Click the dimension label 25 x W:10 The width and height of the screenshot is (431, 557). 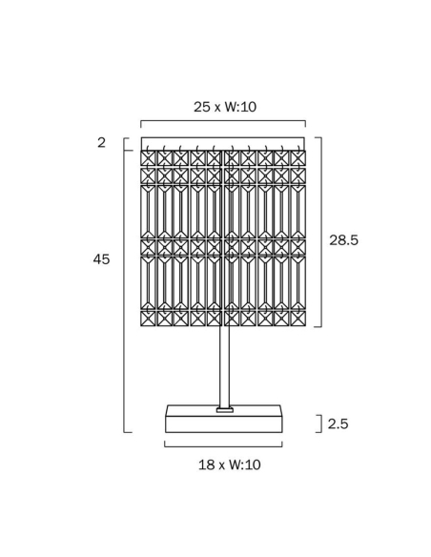[225, 107]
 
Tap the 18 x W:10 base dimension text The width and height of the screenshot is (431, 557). [230, 464]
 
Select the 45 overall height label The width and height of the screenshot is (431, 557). [101, 259]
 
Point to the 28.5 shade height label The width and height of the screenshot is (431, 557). [343, 240]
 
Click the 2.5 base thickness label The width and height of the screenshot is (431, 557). [338, 423]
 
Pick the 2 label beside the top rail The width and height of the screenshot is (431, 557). [101, 142]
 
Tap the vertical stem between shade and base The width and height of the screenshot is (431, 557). [224, 367]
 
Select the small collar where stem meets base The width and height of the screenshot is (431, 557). [225, 410]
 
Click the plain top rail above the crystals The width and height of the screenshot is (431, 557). [222, 143]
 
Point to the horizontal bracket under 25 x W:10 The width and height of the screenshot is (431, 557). [223, 121]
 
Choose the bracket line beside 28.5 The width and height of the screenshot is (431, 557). [321, 232]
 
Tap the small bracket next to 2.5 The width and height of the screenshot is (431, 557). [321, 423]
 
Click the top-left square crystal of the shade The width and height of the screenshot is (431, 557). [148, 158]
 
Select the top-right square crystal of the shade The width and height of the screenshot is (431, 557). [298, 158]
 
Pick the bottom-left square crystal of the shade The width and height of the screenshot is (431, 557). [148, 319]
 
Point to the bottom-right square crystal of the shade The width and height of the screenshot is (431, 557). [298, 319]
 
